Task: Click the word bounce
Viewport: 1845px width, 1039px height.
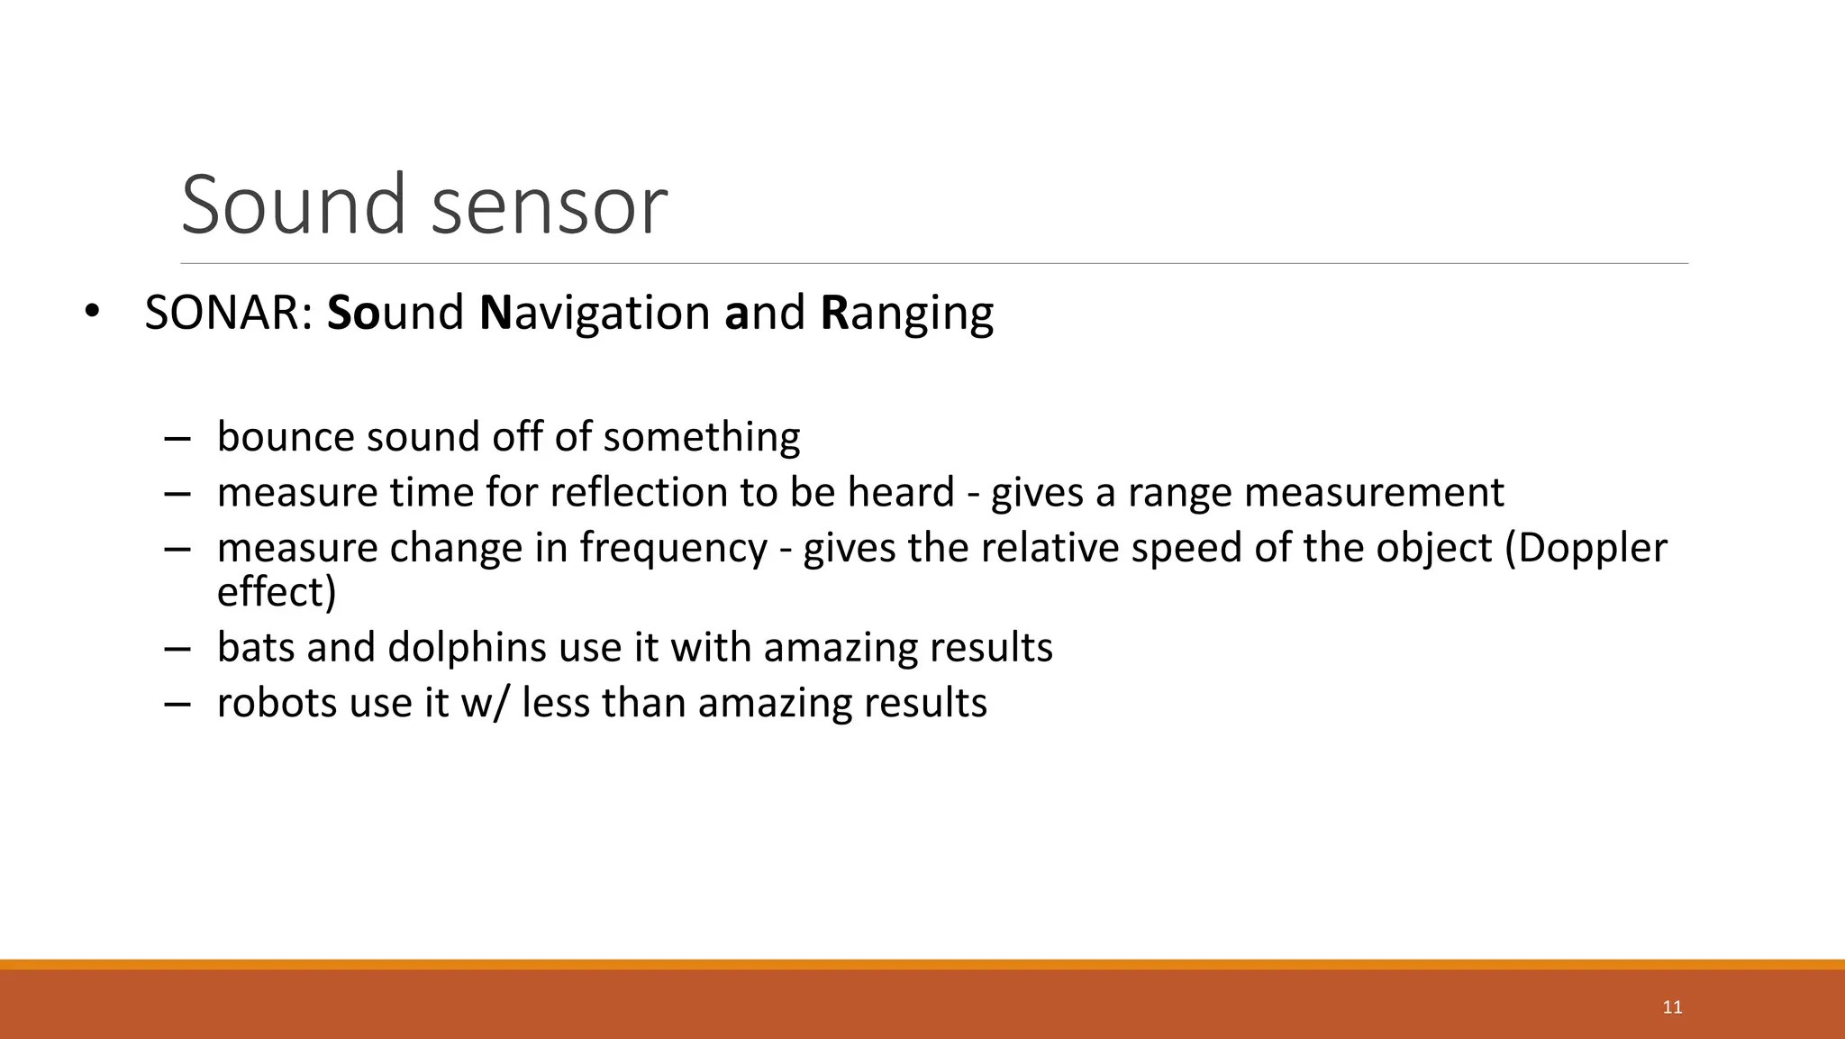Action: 286,437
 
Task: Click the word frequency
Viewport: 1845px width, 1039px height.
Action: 673,549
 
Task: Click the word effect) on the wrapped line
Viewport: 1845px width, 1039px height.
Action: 277,592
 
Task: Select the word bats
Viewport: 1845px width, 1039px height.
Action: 255,648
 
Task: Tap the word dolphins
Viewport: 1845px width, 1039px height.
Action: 467,648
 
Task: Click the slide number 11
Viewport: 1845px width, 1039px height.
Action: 1672,1007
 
